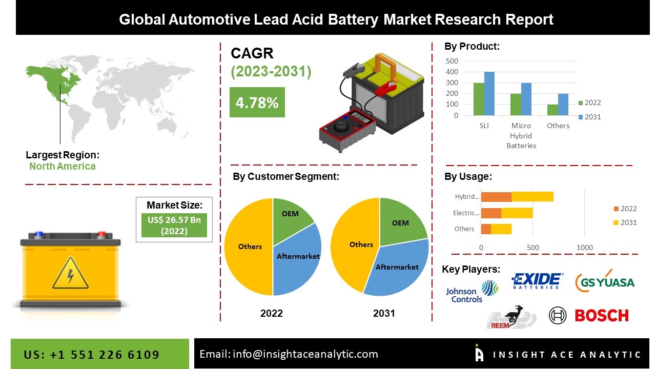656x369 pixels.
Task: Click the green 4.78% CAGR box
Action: [257, 102]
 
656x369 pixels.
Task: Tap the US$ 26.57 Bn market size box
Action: [174, 225]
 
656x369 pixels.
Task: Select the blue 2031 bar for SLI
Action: [489, 94]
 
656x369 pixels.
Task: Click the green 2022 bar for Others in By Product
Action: [552, 110]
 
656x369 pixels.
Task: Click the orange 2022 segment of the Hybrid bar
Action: [496, 196]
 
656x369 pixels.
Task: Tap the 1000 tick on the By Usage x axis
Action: [585, 248]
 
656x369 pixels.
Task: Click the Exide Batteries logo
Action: [537, 281]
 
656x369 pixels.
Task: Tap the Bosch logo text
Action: [601, 315]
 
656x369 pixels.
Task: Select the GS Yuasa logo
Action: [605, 281]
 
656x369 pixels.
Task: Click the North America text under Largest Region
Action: [62, 166]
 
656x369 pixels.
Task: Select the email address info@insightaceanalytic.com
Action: [305, 354]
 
